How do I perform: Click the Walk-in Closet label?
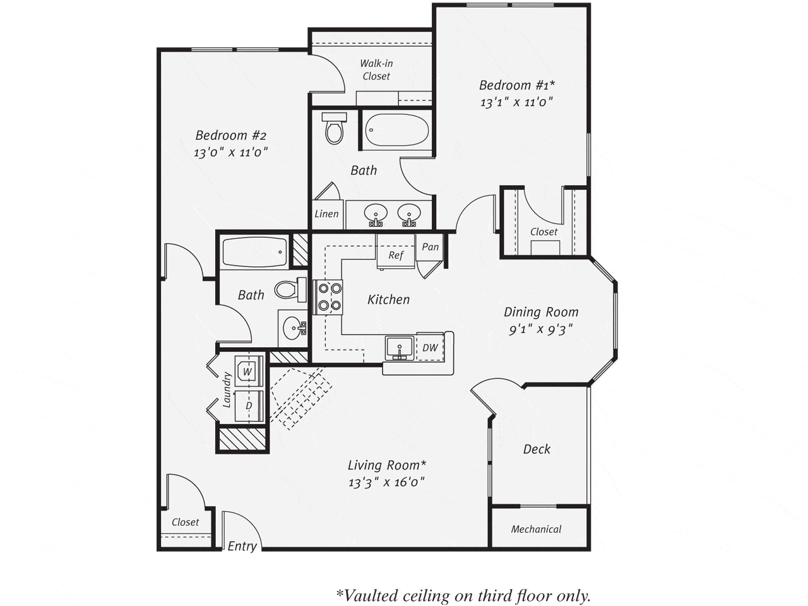pos(376,69)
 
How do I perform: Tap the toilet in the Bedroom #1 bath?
pos(334,128)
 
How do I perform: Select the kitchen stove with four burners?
pos(328,297)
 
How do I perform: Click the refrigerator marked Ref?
pos(396,252)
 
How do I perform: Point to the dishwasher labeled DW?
pos(430,347)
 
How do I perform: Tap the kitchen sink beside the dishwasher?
pos(400,348)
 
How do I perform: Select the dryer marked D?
pos(249,406)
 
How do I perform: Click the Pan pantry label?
pos(430,247)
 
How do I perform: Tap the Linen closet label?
pos(326,214)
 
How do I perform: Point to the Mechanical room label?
pos(536,529)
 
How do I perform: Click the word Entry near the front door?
pos(242,546)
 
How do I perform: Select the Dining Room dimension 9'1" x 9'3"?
pos(541,329)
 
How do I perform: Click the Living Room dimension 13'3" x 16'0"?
pos(386,482)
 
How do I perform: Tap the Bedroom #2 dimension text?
pos(231,152)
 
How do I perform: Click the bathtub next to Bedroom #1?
pos(397,129)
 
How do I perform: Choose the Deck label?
pos(537,449)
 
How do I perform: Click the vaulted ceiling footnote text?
pos(463,595)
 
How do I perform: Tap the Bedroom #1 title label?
pos(517,85)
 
